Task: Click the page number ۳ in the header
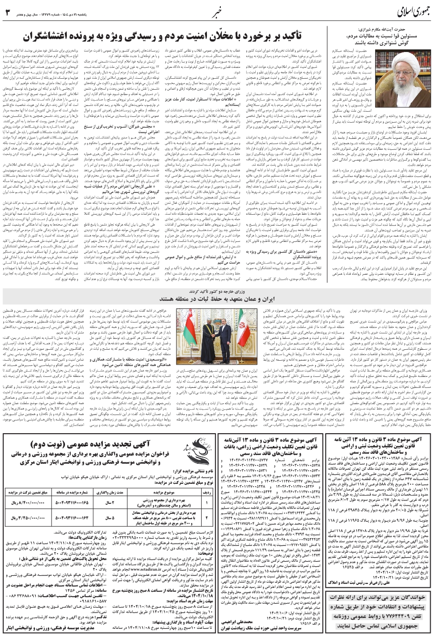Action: [7, 11]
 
